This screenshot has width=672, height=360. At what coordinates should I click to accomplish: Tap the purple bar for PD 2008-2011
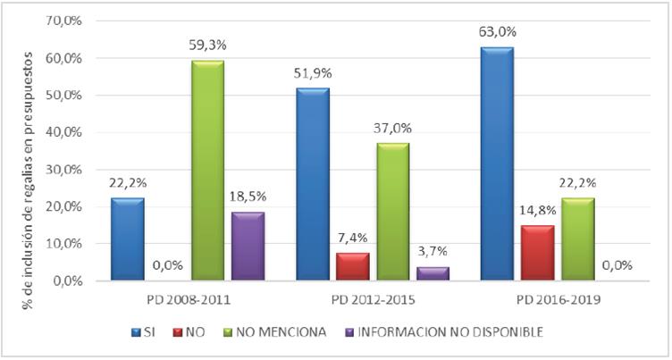coord(248,247)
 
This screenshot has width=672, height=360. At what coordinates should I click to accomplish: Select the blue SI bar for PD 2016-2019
coord(498,164)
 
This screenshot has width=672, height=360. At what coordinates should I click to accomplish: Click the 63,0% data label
coord(498,32)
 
